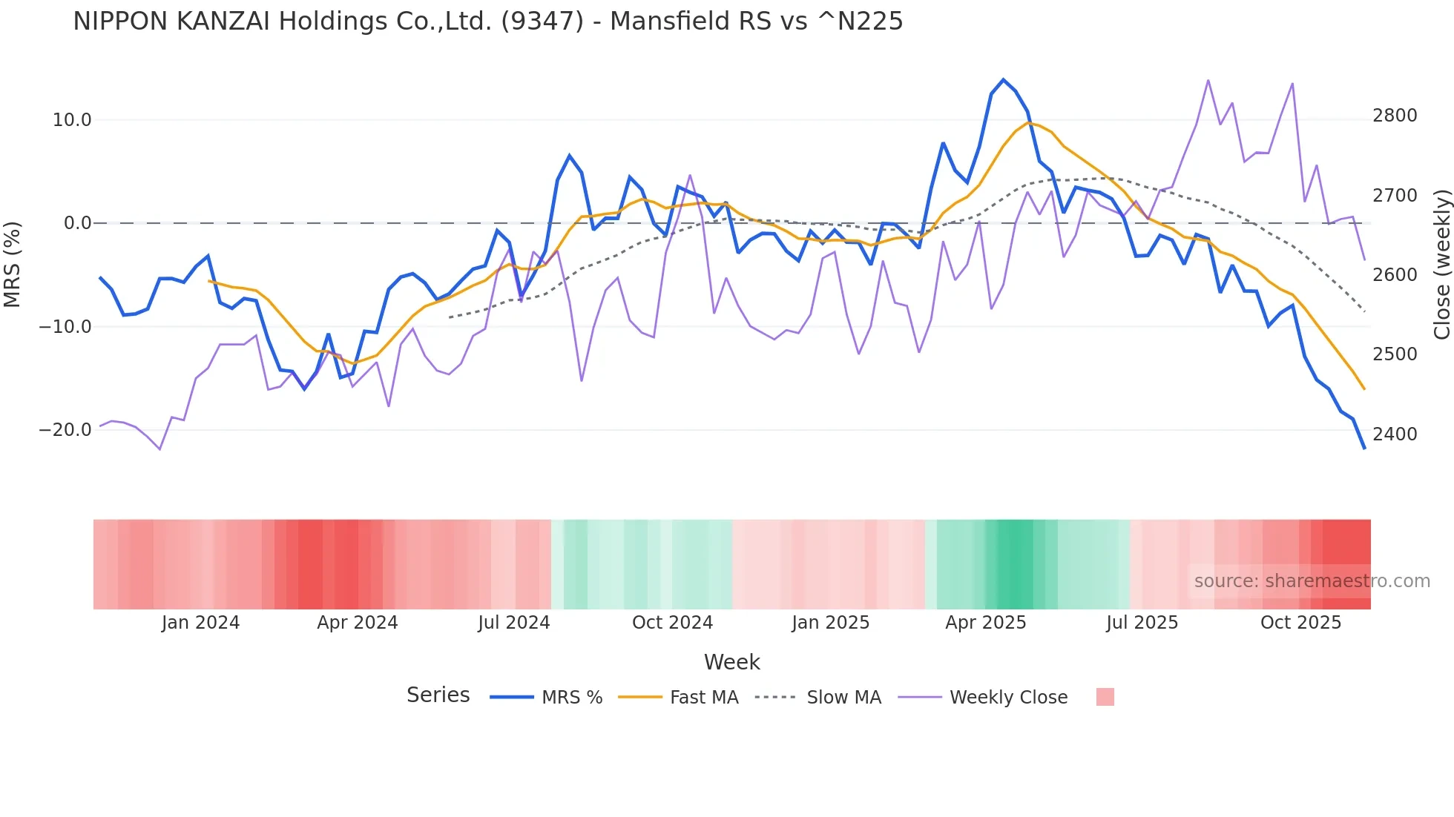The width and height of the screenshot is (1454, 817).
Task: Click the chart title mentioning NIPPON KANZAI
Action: coord(487,21)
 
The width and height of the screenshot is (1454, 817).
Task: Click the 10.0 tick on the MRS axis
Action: coord(72,120)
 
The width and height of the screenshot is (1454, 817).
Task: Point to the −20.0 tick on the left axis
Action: coord(65,430)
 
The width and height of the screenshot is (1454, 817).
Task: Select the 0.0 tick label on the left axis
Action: coord(77,223)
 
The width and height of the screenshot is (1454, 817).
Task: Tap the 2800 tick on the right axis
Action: coord(1395,116)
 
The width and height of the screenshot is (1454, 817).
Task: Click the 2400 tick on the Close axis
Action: coord(1395,434)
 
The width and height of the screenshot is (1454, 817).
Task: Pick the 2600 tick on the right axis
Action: coord(1395,275)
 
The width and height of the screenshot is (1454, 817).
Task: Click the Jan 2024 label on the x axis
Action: coord(200,623)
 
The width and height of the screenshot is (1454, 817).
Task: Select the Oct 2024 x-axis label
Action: coord(672,623)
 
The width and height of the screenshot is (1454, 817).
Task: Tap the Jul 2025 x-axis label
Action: coord(1142,623)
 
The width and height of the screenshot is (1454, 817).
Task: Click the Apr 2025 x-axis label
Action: coord(985,623)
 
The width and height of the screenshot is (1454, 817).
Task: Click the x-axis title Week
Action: coord(731,662)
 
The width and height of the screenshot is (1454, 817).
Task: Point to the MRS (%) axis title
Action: coord(13,264)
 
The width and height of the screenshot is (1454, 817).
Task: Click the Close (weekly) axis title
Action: coord(1441,265)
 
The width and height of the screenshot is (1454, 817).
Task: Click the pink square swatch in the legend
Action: coord(1105,697)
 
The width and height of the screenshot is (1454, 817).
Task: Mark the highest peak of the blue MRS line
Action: coord(1003,79)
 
